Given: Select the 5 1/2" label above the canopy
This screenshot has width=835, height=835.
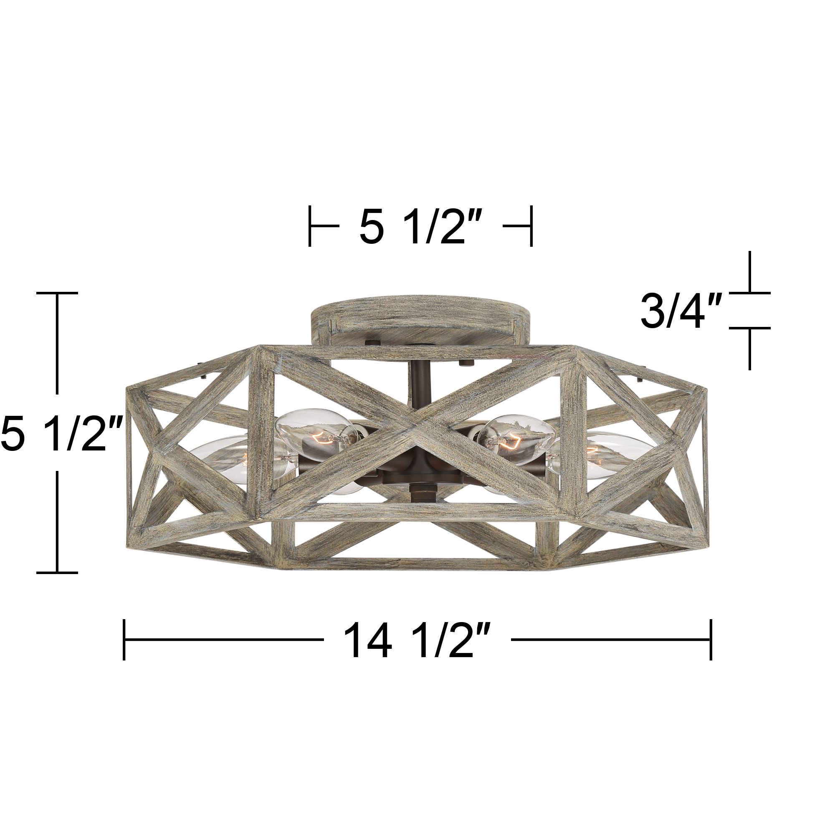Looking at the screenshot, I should coord(420,226).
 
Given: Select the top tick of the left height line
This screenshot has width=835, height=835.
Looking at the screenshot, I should coord(57,293).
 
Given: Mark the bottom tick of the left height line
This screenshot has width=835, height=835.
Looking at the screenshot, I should coord(57,573).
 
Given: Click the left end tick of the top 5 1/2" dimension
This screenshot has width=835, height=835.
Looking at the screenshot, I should coord(310,226).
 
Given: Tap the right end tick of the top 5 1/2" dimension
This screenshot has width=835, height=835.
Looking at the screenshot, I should coord(531,226).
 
